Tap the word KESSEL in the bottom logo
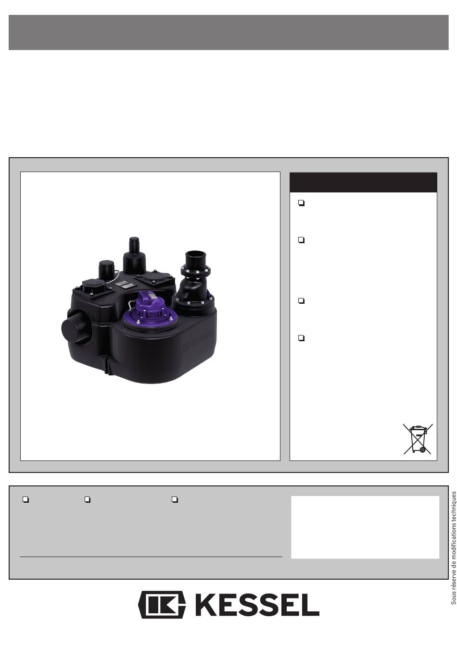[x=255, y=605]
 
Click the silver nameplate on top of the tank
[x=124, y=284]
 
